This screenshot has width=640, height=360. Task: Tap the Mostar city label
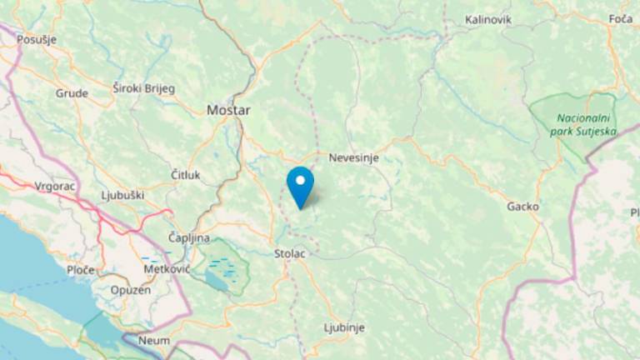pyautogui.click(x=228, y=109)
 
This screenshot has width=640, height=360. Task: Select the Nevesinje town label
pyautogui.click(x=354, y=156)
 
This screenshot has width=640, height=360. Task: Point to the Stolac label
pyautogui.click(x=289, y=252)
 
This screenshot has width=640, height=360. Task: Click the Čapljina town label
pyautogui.click(x=189, y=237)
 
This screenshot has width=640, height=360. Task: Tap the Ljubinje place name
pyautogui.click(x=344, y=327)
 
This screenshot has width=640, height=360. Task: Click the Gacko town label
pyautogui.click(x=522, y=206)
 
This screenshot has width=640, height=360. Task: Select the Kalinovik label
pyautogui.click(x=487, y=19)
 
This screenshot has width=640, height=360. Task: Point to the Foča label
pyautogui.click(x=621, y=19)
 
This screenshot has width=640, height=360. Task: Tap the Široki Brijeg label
pyautogui.click(x=144, y=87)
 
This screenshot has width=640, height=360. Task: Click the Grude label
pyautogui.click(x=72, y=93)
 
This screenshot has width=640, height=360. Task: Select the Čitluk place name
pyautogui.click(x=185, y=174)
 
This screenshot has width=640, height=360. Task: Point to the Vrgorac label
pyautogui.click(x=56, y=187)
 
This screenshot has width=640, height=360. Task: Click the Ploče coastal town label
pyautogui.click(x=81, y=270)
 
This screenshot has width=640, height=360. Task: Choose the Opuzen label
pyautogui.click(x=130, y=290)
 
